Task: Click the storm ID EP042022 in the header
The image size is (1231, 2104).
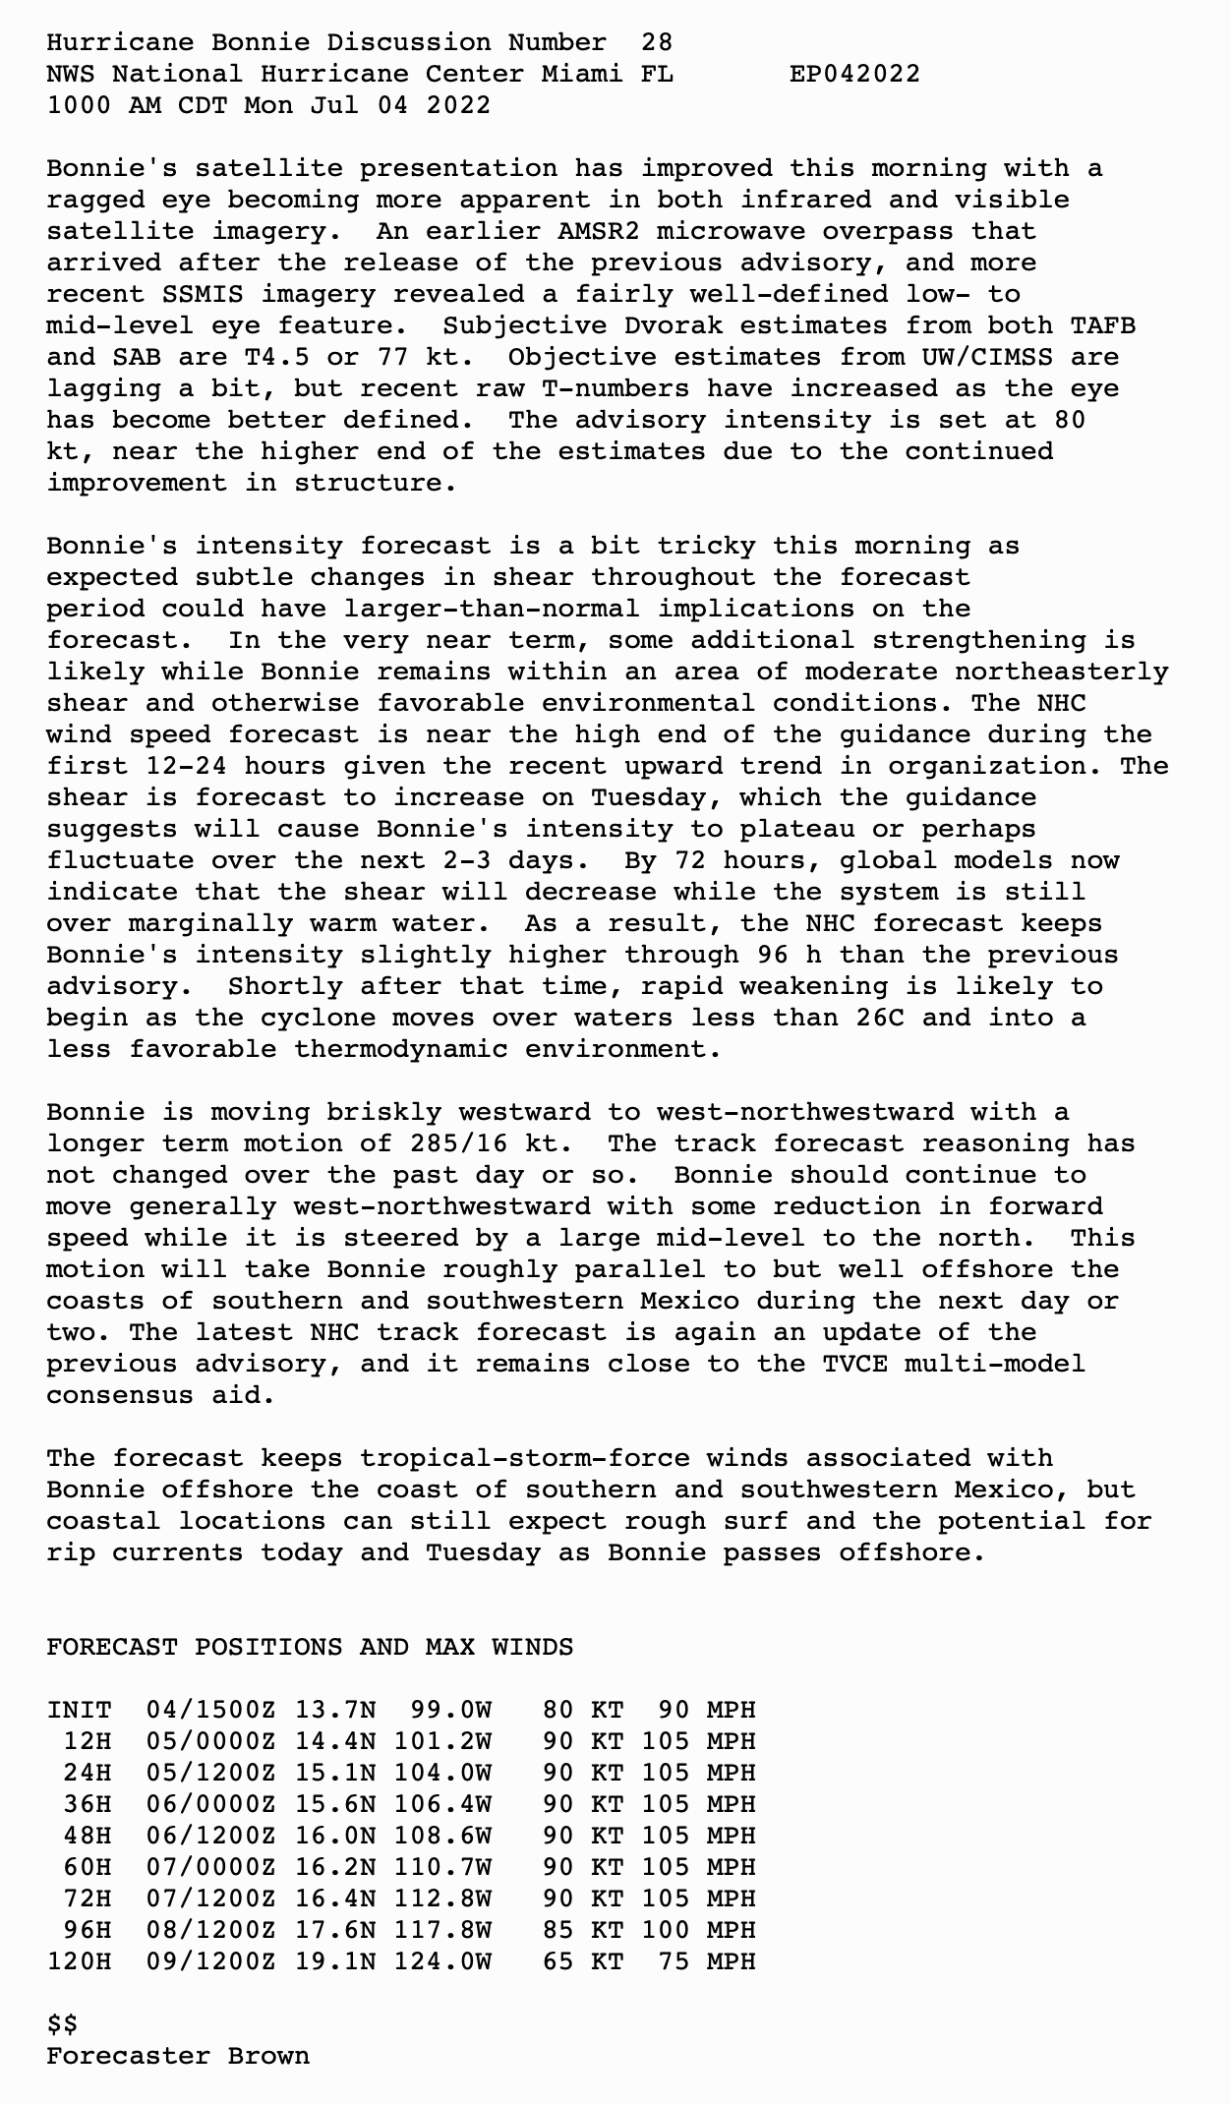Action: point(854,74)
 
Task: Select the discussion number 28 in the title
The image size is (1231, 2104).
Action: point(657,42)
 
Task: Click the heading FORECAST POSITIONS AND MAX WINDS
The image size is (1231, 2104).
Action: point(310,1647)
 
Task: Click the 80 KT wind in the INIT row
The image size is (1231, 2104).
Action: point(583,1710)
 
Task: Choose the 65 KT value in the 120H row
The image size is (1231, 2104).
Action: point(583,1961)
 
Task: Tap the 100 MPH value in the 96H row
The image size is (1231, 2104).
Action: point(698,1930)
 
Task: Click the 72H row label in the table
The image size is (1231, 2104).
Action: point(87,1899)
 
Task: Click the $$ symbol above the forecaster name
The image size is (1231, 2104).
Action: point(62,2024)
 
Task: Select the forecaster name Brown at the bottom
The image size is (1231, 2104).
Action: point(268,2056)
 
